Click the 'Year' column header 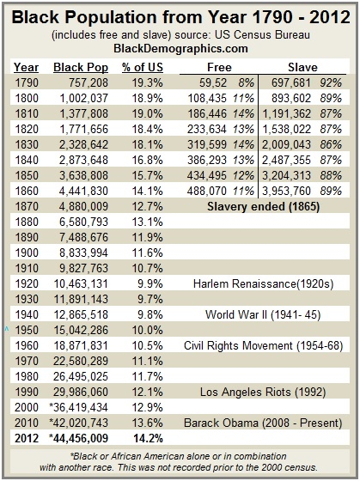tap(27, 68)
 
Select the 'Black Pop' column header tap(81, 68)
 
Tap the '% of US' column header tap(143, 68)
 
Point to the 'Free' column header tap(219, 67)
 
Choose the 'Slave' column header tap(302, 67)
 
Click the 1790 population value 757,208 tap(84, 82)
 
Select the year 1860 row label tap(27, 191)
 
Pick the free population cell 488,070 tap(206, 191)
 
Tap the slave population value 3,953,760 tap(286, 191)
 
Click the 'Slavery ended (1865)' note tap(263, 206)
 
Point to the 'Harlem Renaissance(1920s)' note tap(263, 283)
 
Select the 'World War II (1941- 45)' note tap(263, 314)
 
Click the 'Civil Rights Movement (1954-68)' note tap(263, 345)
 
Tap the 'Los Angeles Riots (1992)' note tap(263, 392)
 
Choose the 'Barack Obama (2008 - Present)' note tap(263, 423)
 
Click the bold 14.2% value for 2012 tap(148, 438)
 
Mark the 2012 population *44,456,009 tap(78, 438)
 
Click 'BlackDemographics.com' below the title tap(180, 48)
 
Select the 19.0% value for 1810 tap(148, 113)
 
